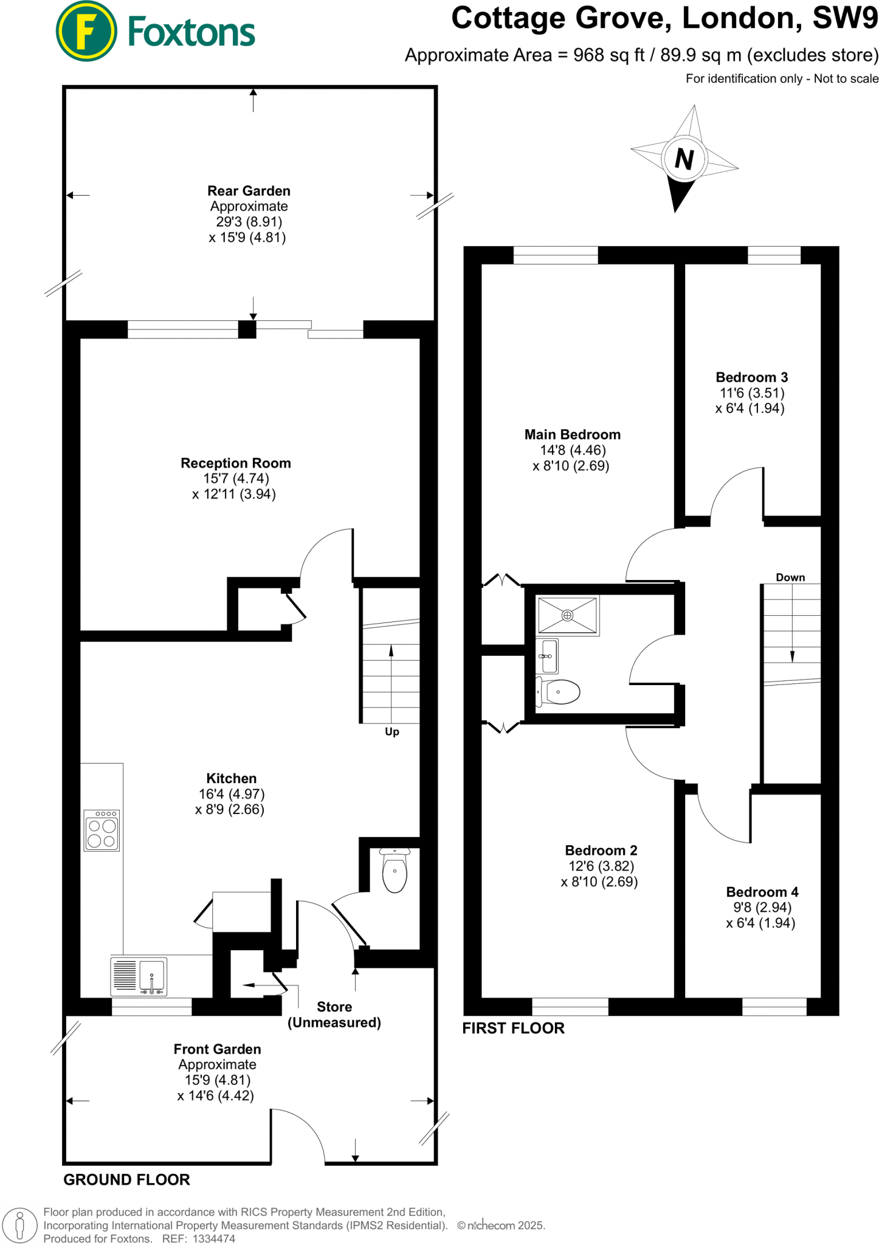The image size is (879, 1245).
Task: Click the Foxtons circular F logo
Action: click(86, 31)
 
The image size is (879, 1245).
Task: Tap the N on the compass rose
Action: click(684, 159)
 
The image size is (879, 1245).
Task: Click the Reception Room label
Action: click(236, 463)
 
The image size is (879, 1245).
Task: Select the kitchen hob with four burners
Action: click(102, 830)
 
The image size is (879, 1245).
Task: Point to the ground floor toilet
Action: click(395, 871)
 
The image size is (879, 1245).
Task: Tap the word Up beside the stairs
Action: click(392, 732)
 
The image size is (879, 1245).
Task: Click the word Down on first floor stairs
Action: click(790, 578)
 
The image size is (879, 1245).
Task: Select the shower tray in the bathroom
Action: click(568, 616)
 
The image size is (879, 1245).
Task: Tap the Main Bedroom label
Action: click(573, 435)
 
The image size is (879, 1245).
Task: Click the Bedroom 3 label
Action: click(752, 378)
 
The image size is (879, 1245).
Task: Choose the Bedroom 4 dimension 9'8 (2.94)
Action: click(762, 908)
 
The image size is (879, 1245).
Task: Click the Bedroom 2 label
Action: click(601, 850)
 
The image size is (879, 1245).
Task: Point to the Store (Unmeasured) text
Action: click(334, 1015)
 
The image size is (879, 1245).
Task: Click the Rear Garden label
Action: click(249, 191)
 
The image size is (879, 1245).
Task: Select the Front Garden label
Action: click(217, 1049)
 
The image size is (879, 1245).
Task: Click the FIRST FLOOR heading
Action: click(514, 1028)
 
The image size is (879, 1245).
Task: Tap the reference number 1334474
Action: click(213, 1238)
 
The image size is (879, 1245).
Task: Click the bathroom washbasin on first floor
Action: click(549, 657)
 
